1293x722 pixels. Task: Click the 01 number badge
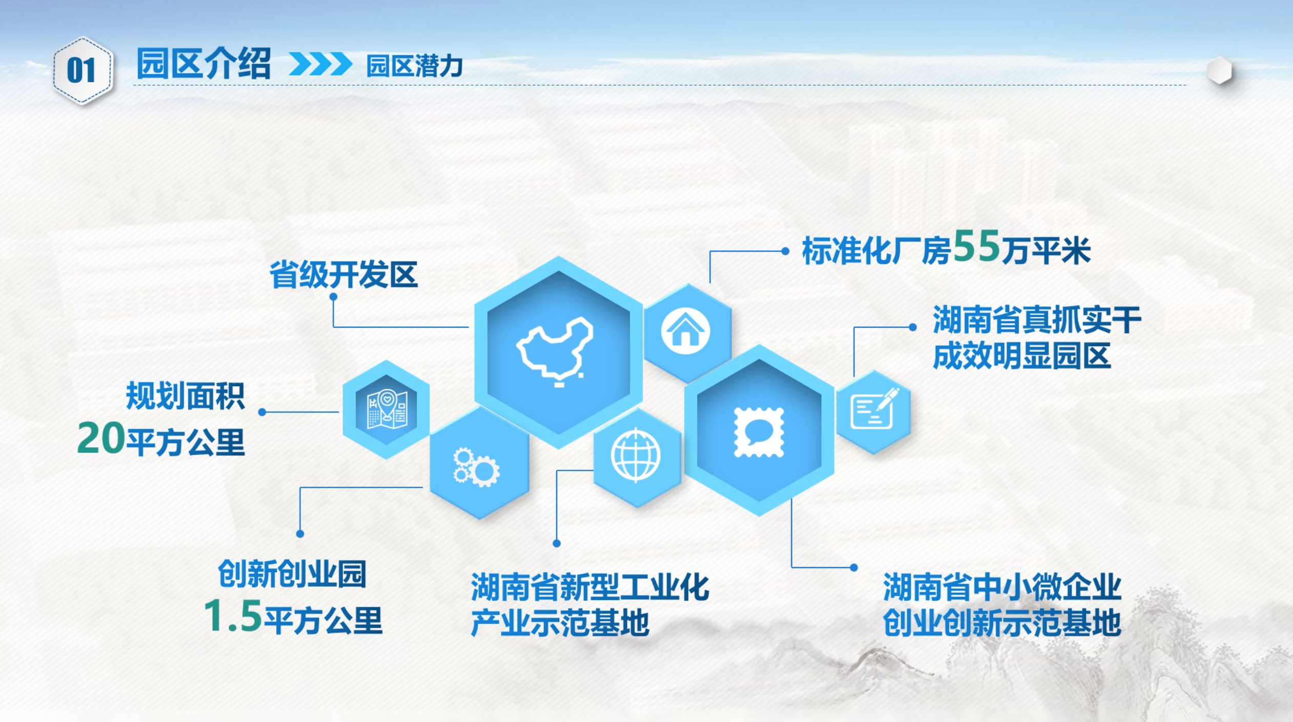82,71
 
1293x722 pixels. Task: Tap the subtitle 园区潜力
415,66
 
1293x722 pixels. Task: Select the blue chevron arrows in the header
320,64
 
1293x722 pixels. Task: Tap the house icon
685,331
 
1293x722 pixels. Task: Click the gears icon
476,467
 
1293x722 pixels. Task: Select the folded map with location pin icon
387,409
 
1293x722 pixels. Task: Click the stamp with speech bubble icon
759,432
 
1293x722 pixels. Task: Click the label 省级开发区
344,274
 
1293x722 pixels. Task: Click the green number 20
101,438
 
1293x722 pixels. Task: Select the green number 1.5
233,615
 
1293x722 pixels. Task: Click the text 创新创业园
292,573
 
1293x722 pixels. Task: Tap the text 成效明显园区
1022,355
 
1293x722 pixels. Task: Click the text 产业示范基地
560,623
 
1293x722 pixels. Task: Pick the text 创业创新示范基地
1002,623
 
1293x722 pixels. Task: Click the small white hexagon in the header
1220,71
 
